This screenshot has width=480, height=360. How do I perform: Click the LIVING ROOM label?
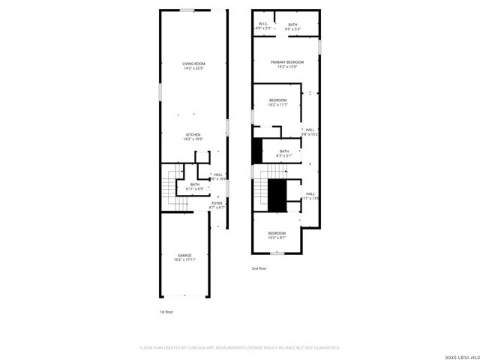click(193, 64)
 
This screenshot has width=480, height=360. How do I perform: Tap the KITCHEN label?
click(193, 134)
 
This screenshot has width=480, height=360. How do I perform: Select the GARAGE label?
click(185, 255)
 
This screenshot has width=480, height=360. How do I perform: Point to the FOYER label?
click(217, 202)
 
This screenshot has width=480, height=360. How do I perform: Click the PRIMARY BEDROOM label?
click(287, 62)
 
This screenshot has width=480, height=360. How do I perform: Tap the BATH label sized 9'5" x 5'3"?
click(292, 25)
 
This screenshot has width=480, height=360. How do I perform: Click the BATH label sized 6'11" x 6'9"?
click(195, 184)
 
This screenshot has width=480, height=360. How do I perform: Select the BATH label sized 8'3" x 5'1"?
click(284, 151)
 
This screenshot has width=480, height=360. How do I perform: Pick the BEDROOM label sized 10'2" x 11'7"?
click(278, 100)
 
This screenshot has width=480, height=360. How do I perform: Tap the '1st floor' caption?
click(166, 311)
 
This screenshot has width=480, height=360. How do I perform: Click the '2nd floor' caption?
click(259, 268)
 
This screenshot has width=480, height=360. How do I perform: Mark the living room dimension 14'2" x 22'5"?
click(193, 68)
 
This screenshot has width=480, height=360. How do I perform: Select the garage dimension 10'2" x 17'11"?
click(185, 259)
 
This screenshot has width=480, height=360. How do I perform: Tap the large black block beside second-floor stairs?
click(277, 196)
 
